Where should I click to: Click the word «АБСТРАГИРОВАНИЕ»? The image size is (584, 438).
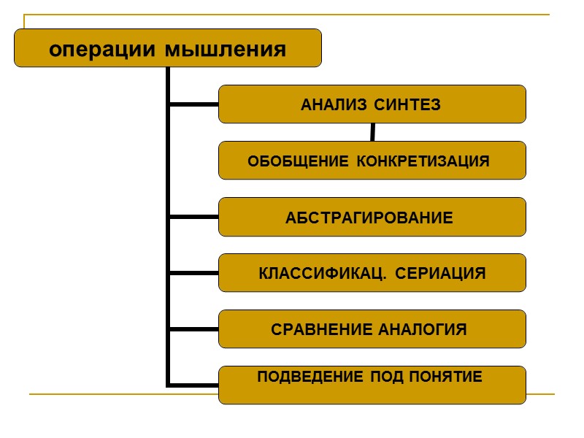coord(369,218)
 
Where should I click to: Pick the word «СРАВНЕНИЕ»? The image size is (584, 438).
coord(323,330)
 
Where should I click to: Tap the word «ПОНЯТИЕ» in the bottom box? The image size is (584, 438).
coord(450,377)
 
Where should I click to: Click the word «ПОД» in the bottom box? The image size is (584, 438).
coord(385,377)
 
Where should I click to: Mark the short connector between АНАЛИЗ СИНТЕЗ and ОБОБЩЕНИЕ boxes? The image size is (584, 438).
coord(372,132)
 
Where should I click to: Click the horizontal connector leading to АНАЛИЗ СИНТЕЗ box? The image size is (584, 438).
coord(193,104)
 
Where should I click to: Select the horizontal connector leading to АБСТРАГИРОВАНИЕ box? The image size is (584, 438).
coord(193,217)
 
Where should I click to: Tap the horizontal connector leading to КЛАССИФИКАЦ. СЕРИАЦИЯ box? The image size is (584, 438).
coord(193,273)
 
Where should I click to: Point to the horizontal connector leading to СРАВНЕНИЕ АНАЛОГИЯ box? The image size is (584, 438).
coord(193,329)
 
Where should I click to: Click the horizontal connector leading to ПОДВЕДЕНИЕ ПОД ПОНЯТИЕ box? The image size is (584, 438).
coord(193,383)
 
